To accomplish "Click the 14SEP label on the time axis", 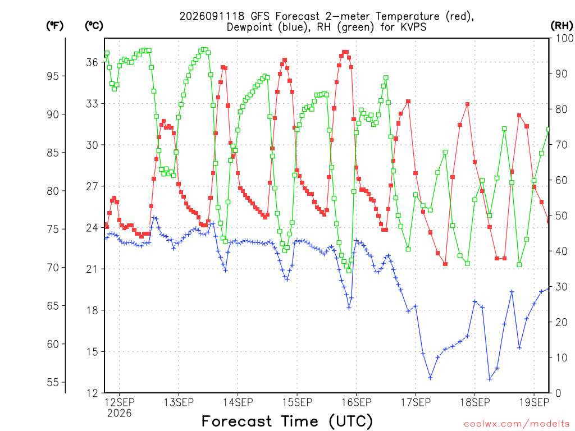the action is tap(238, 402).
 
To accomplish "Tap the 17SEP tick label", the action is tap(416, 402).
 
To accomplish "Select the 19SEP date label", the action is tap(534, 402).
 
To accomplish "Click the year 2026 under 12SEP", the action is tap(119, 414).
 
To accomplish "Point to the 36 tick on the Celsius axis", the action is tap(93, 62).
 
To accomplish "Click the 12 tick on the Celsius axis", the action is tap(93, 393).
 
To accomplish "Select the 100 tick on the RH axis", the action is tap(564, 38).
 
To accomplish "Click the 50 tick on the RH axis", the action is tap(561, 215).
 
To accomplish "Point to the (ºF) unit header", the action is tap(54, 26).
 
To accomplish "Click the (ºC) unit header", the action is tap(94, 26).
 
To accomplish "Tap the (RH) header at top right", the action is tap(562, 26).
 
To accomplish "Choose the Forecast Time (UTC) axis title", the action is tap(287, 421).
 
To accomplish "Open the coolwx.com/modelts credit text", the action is tap(517, 424).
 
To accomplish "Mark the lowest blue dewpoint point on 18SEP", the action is tap(490, 379).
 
